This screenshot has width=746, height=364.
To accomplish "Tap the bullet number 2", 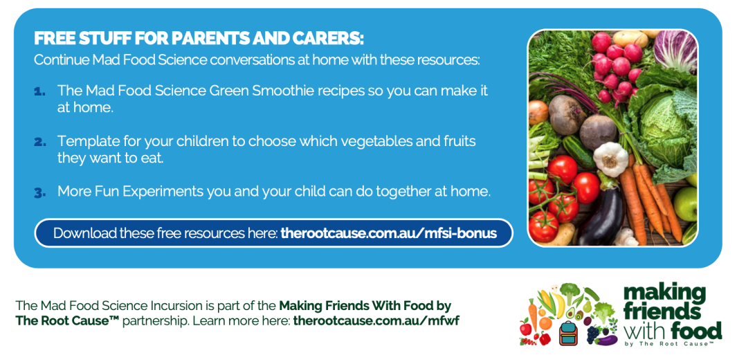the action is click(x=40, y=143).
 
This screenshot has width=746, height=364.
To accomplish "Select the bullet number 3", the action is click(x=40, y=193).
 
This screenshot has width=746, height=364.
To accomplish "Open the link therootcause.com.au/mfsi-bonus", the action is click(x=389, y=233).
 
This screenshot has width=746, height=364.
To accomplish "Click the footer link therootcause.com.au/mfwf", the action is click(x=376, y=320).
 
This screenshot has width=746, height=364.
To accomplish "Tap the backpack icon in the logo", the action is click(x=568, y=333).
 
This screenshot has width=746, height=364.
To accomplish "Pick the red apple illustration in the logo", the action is click(x=526, y=327).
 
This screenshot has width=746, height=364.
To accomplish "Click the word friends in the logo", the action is click(x=662, y=311).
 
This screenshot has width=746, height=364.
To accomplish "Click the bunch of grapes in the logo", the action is click(x=593, y=334).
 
